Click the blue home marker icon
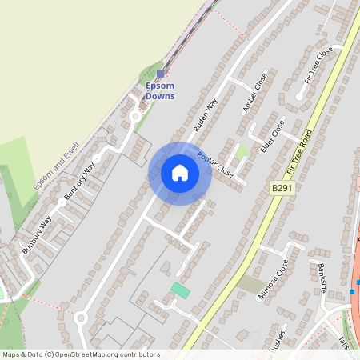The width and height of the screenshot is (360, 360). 180,173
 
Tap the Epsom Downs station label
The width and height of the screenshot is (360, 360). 160,91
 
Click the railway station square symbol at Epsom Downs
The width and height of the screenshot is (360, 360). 160,74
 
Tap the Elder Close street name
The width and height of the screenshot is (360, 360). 272,136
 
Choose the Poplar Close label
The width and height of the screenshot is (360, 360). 215,165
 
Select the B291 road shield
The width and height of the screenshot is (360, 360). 280,187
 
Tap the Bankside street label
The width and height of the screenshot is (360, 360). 322,277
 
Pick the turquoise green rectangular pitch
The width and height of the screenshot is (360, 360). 181,290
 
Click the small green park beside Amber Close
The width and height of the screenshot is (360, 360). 242,151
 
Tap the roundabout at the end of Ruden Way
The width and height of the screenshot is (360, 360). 80,318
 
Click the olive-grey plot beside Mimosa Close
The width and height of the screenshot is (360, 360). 250,285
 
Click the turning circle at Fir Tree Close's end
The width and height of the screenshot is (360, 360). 299,96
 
